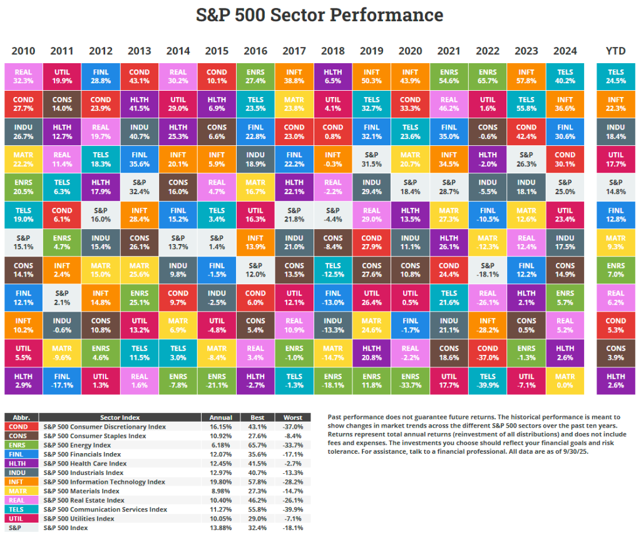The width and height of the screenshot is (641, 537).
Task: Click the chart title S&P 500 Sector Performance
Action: (x=320, y=15)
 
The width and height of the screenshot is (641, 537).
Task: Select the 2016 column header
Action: (x=255, y=51)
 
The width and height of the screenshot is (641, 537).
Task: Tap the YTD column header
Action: (x=616, y=51)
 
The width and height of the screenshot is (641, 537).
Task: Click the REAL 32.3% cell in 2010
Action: (x=23, y=76)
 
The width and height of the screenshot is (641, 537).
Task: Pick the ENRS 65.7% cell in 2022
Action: (x=488, y=76)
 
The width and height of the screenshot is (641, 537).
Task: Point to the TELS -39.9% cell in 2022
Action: (x=488, y=380)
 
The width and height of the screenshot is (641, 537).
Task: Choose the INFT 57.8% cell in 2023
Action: (x=526, y=76)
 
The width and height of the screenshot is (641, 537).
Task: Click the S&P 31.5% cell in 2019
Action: (x=371, y=160)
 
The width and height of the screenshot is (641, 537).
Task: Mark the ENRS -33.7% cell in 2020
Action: (x=410, y=380)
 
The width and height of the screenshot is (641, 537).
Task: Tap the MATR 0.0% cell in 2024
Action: (x=565, y=380)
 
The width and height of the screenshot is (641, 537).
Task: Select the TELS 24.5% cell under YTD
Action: (x=616, y=76)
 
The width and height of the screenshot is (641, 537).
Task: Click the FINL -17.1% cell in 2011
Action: (x=61, y=380)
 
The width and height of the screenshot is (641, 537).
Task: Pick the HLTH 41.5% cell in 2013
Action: (x=139, y=104)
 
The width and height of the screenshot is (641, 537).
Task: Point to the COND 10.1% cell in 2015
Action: (x=217, y=76)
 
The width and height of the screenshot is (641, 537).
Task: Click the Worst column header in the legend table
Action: (x=292, y=417)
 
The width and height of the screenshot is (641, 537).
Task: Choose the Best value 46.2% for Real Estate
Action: (x=257, y=500)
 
